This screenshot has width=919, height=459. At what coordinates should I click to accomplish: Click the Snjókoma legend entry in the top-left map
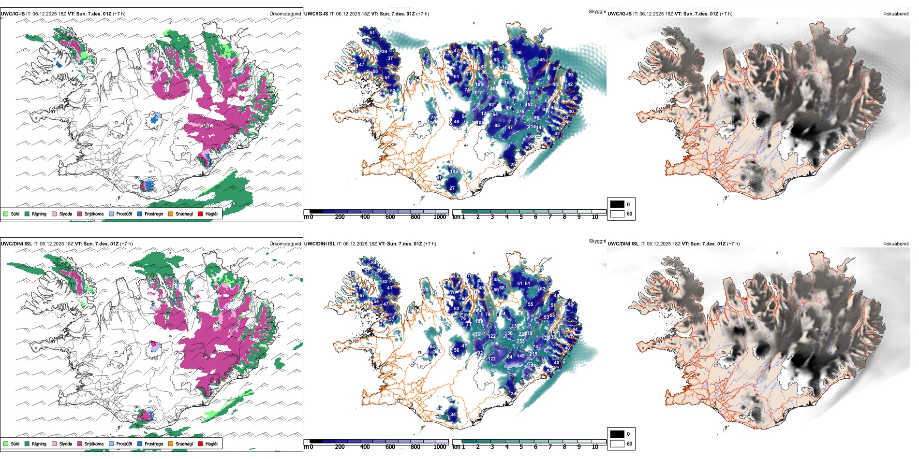point(94,214)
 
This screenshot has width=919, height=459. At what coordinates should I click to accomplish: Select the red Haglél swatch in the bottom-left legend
point(200,444)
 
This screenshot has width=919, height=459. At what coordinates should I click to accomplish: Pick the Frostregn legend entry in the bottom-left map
point(153,444)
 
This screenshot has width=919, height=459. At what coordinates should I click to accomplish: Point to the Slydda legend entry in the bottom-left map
point(65,444)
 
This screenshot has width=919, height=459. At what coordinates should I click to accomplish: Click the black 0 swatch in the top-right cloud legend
point(617,204)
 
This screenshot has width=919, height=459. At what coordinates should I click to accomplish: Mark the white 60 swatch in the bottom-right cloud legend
point(617,444)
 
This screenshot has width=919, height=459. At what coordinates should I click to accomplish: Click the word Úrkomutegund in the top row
point(285,14)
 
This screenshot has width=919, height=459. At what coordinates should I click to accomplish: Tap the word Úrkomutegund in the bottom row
point(285,244)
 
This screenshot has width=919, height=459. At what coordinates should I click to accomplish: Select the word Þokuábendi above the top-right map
point(896,14)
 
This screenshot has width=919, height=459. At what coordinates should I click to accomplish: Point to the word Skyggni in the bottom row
point(597,241)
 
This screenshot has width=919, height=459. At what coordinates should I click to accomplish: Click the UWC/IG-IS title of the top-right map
point(619,14)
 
